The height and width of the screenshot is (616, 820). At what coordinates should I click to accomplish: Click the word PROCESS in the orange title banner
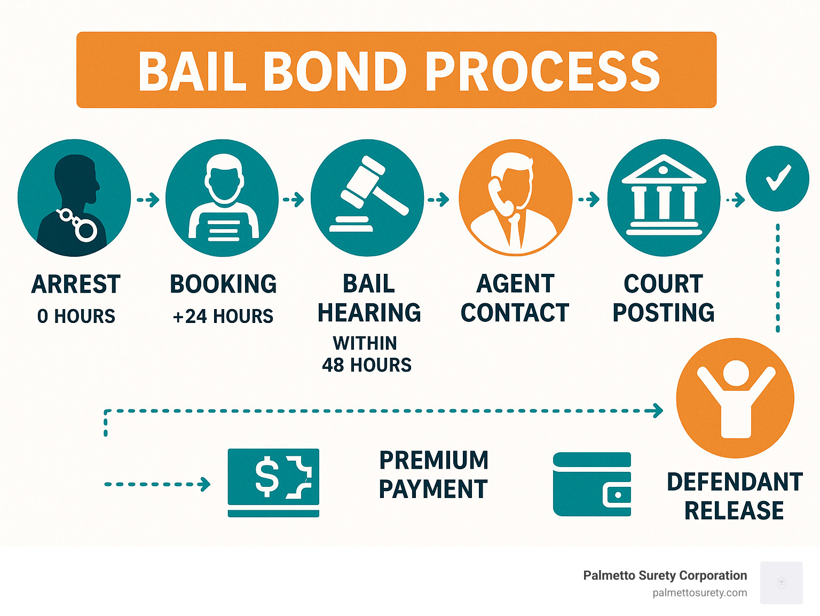click(x=542, y=72)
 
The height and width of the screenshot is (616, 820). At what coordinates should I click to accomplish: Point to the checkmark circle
click(x=777, y=178)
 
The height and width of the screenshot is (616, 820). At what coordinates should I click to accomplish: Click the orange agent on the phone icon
click(x=515, y=198)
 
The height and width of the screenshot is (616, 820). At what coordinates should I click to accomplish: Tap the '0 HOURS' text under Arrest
click(x=76, y=317)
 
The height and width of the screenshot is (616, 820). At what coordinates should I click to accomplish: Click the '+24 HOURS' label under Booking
click(x=223, y=317)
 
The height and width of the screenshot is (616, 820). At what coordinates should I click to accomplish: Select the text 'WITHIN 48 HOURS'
click(x=367, y=354)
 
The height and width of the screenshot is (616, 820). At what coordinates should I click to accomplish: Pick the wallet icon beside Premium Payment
click(x=592, y=484)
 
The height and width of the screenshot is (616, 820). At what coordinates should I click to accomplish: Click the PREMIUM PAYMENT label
click(x=433, y=475)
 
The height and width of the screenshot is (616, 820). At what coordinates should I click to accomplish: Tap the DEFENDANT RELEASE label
click(x=735, y=496)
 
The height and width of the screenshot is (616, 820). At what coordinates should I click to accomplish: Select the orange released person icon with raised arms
click(x=735, y=398)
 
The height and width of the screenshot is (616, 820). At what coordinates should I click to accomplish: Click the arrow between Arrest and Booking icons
click(x=148, y=200)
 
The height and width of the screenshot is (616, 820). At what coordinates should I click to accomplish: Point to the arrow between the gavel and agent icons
click(x=438, y=200)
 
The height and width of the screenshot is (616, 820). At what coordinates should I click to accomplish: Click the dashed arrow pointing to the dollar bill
click(x=157, y=485)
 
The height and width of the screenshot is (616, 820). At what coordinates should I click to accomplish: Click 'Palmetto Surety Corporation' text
click(x=665, y=575)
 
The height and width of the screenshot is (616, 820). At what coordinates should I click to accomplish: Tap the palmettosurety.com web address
click(x=699, y=593)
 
